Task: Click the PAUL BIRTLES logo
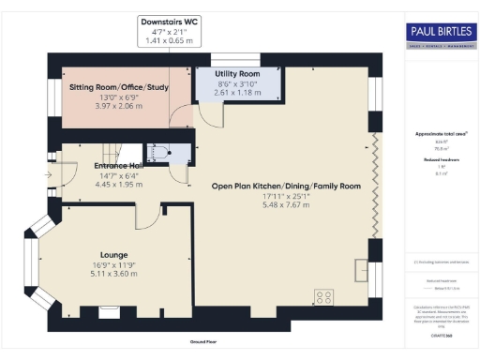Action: click(440, 35)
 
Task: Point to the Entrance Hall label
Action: click(118, 166)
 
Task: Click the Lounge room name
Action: click(119, 254)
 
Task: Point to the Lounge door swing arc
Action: click(148, 217)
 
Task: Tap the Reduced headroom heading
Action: click(438, 159)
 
